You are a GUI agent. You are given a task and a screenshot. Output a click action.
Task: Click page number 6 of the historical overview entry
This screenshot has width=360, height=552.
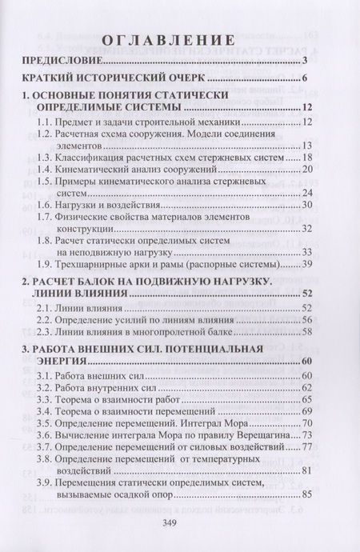point(306,80)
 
